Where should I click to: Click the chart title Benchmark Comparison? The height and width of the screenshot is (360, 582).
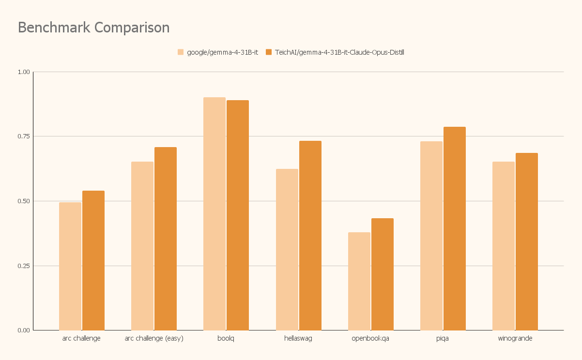pos(93,28)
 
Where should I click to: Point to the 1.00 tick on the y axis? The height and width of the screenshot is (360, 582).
pos(24,72)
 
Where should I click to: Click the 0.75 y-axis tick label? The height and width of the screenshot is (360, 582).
pos(24,136)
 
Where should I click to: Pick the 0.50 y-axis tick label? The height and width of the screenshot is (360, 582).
pos(24,201)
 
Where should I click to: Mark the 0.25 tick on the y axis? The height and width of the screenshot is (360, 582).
pos(24,266)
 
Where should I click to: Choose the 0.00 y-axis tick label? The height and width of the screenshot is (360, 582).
pos(24,330)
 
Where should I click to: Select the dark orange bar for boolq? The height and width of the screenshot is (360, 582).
pos(238,215)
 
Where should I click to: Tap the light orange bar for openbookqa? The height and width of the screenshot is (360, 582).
pos(359,281)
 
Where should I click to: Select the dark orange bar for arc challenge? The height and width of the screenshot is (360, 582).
pos(93,260)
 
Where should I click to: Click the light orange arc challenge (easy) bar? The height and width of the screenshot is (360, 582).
pos(142,246)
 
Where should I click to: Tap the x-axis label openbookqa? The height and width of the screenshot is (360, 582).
pos(370,338)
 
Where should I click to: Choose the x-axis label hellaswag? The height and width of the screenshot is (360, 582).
pos(298,338)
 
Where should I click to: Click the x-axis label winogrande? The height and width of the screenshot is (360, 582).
pos(515,338)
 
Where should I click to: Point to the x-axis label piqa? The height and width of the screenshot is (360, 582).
pos(443,338)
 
